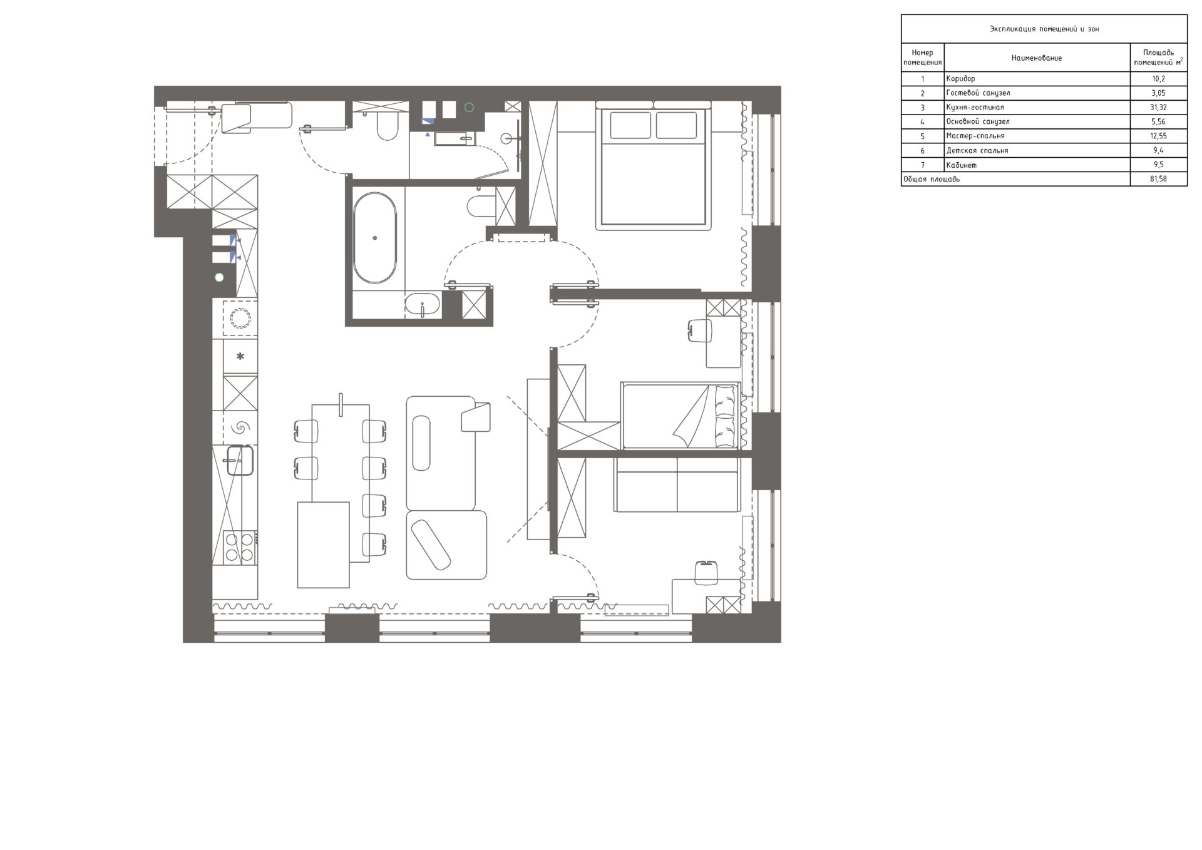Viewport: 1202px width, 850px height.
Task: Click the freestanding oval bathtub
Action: [x=374, y=238]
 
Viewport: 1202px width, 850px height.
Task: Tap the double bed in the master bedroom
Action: [x=653, y=165]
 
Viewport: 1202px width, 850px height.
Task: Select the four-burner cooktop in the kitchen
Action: [x=240, y=547]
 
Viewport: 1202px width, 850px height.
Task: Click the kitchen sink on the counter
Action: [x=240, y=460]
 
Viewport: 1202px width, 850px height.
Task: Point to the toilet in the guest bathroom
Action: [x=387, y=125]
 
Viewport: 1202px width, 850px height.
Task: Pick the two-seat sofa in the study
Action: [x=677, y=484]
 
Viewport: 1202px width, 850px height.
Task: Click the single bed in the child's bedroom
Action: [x=681, y=416]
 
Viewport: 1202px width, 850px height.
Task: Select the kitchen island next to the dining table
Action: [x=323, y=545]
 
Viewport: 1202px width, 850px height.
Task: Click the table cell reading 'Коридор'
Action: [x=960, y=79]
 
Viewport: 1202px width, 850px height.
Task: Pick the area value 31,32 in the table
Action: [x=1158, y=108]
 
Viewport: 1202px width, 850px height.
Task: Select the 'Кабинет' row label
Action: [x=961, y=165]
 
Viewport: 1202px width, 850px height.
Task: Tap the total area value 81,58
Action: [x=1158, y=180]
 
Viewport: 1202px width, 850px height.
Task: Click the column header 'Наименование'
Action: [x=1036, y=58]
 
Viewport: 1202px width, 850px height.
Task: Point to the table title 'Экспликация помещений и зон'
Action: [x=1044, y=29]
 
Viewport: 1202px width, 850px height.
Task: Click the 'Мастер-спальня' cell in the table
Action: [x=975, y=136]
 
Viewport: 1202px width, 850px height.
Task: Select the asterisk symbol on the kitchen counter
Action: [x=240, y=357]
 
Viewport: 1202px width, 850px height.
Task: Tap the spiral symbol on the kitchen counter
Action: [x=240, y=428]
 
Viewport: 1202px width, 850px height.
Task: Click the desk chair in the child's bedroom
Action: [x=700, y=330]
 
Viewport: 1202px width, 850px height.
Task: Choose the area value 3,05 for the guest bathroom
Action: [x=1158, y=93]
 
